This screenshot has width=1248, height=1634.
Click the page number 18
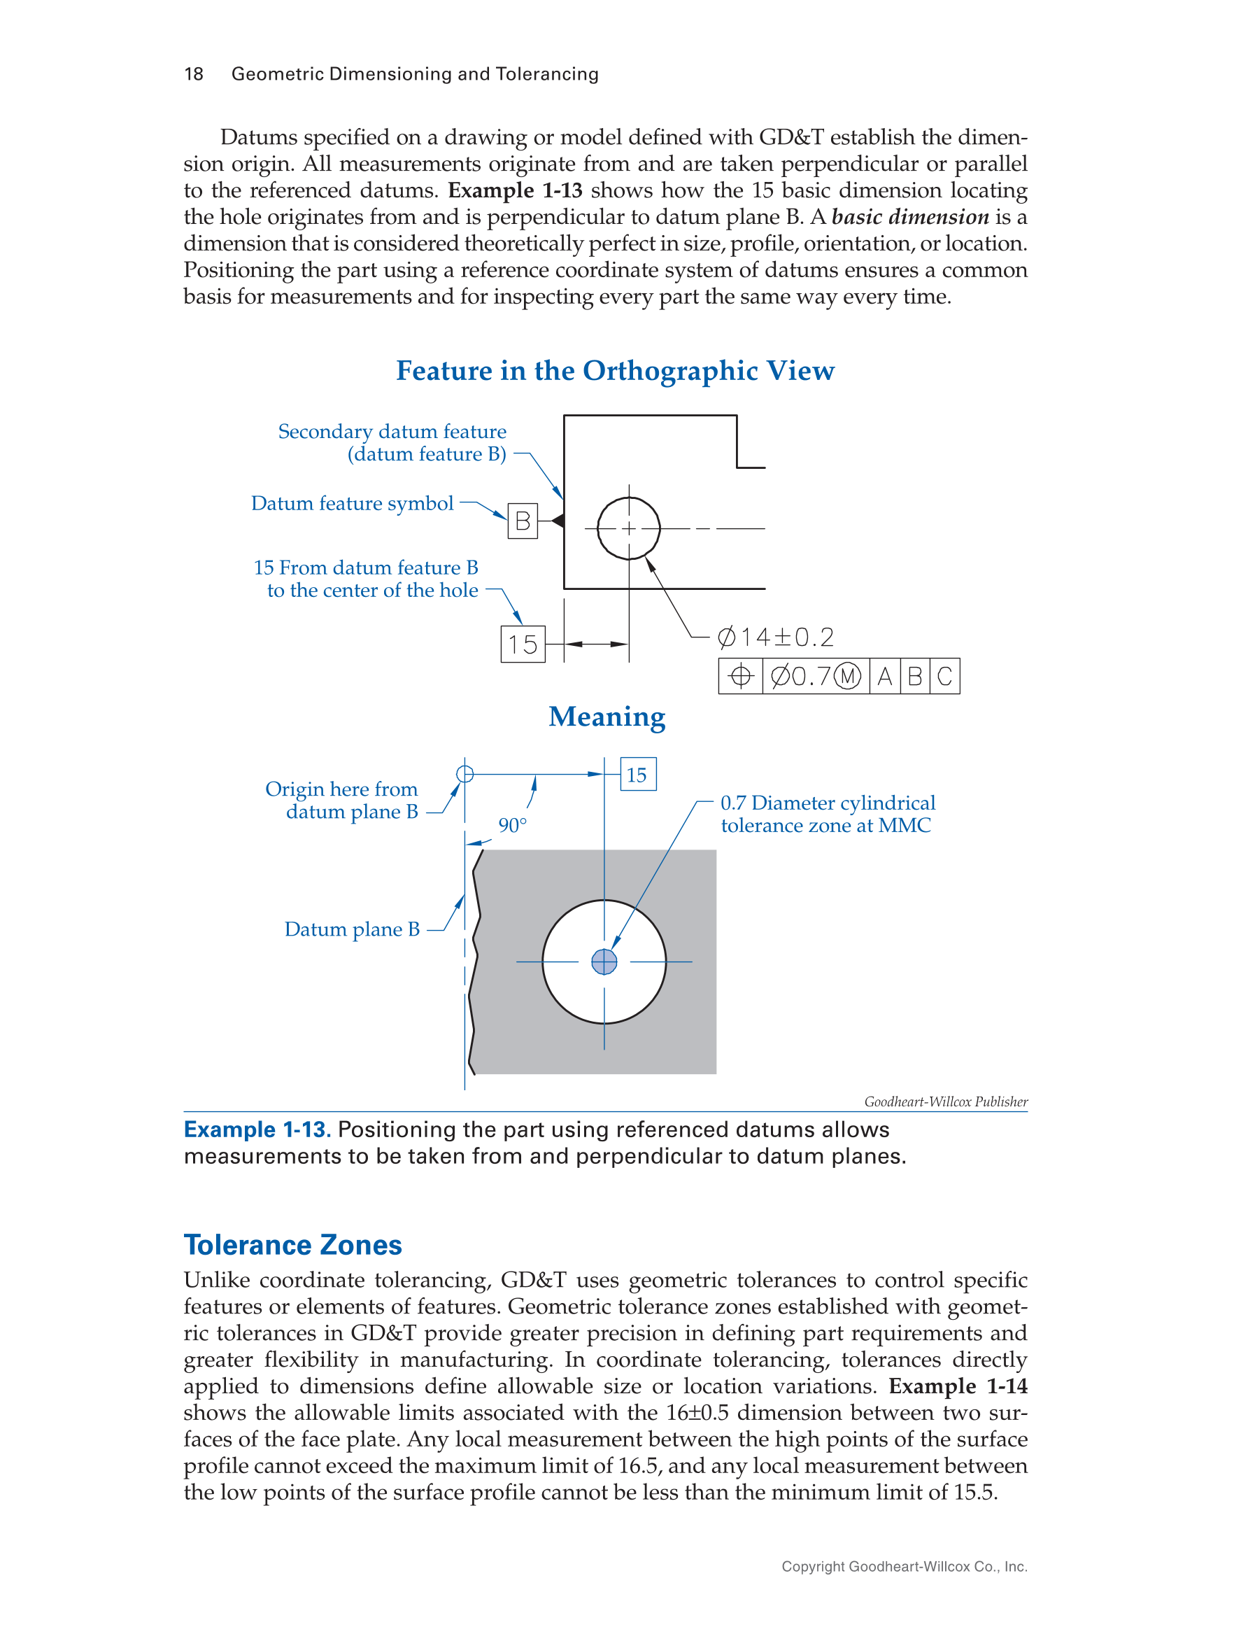[193, 74]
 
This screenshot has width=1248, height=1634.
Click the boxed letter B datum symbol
[523, 521]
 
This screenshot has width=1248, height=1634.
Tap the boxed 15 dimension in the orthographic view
[523, 645]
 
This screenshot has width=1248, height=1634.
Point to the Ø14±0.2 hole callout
[776, 638]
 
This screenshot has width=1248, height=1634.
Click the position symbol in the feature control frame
[741, 676]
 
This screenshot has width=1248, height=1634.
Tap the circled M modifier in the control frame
[847, 676]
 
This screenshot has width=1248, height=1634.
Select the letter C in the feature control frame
[944, 676]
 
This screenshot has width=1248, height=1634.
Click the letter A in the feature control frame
[885, 676]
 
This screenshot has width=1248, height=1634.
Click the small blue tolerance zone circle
[604, 962]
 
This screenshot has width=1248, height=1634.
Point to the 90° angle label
[513, 826]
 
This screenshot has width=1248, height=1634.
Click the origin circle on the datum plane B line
[465, 774]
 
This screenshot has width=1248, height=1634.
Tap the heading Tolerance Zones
[292, 1245]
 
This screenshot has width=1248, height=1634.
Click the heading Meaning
[607, 717]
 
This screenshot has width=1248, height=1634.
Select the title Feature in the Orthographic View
[615, 371]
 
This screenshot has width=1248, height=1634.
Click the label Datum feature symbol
[352, 504]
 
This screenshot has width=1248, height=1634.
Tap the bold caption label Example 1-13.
[256, 1129]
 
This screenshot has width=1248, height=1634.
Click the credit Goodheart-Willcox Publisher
[946, 1102]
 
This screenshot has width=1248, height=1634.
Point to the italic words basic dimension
[910, 217]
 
